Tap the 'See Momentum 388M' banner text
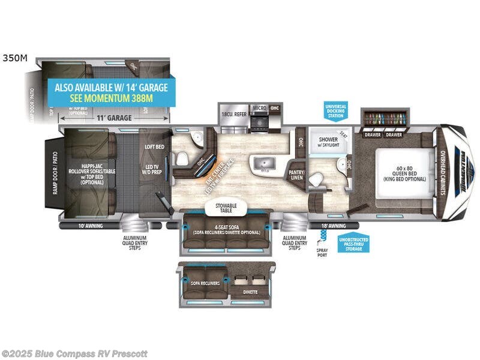tap(112, 98)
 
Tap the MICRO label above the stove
tap(259, 108)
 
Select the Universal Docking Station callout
tap(336, 111)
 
